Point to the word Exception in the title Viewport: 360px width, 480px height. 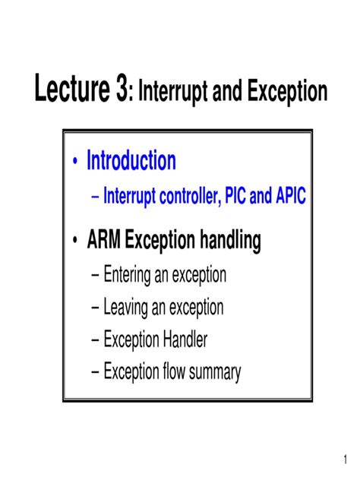(x=286, y=93)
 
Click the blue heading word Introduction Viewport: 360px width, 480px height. (x=131, y=161)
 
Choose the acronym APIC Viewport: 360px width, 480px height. (x=289, y=197)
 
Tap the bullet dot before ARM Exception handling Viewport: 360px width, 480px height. (x=75, y=243)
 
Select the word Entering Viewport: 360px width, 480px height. (x=128, y=275)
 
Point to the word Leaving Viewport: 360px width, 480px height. (x=127, y=308)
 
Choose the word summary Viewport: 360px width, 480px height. (x=215, y=373)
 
